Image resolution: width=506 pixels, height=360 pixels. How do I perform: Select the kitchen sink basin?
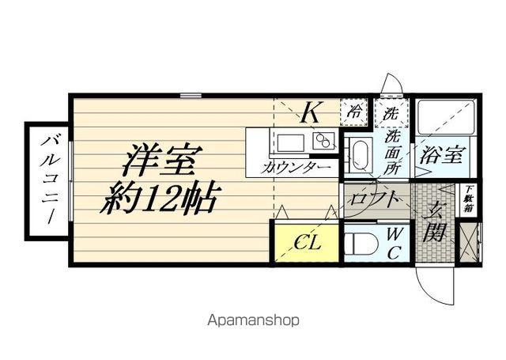289,143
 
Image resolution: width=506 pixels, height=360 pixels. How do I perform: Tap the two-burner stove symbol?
323,142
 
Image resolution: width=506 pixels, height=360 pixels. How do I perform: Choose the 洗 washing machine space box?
391,113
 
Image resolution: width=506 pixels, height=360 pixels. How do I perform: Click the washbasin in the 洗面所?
360,153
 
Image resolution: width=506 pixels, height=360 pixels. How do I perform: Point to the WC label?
395,243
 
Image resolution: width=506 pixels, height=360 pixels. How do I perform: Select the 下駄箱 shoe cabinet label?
469,199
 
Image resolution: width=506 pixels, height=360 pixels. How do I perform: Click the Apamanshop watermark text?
253,321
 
